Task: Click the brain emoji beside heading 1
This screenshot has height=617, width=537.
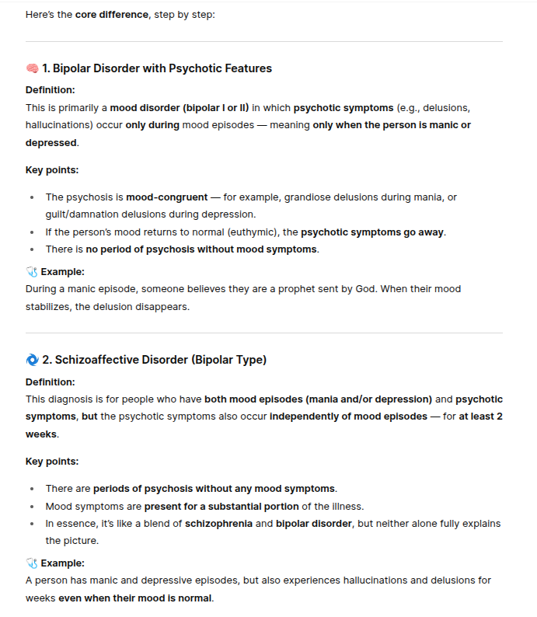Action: [32, 68]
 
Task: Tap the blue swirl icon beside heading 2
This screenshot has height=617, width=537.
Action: [32, 360]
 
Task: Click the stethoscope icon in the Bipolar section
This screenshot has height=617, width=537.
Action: [32, 272]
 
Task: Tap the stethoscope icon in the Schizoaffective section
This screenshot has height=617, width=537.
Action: [32, 563]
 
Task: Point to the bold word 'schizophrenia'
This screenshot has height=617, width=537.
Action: [218, 524]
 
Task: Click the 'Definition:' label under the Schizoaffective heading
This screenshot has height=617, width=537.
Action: [51, 382]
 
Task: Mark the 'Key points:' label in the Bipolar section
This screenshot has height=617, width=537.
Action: [52, 170]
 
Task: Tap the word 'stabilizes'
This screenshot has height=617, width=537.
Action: [50, 306]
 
